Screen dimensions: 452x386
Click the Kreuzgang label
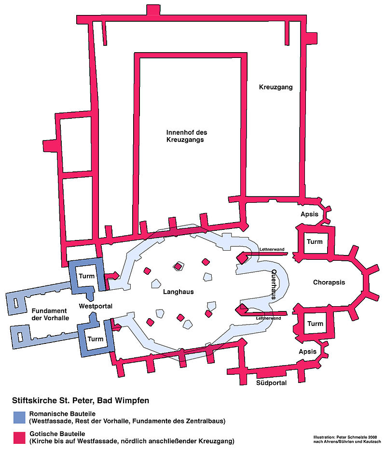point(276,87)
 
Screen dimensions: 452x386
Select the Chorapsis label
point(329,282)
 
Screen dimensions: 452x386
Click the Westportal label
point(96,306)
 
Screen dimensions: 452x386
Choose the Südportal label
point(271,383)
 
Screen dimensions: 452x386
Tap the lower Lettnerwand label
point(268,319)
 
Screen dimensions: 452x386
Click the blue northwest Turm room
point(87,276)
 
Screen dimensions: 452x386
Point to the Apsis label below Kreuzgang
point(309,214)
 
